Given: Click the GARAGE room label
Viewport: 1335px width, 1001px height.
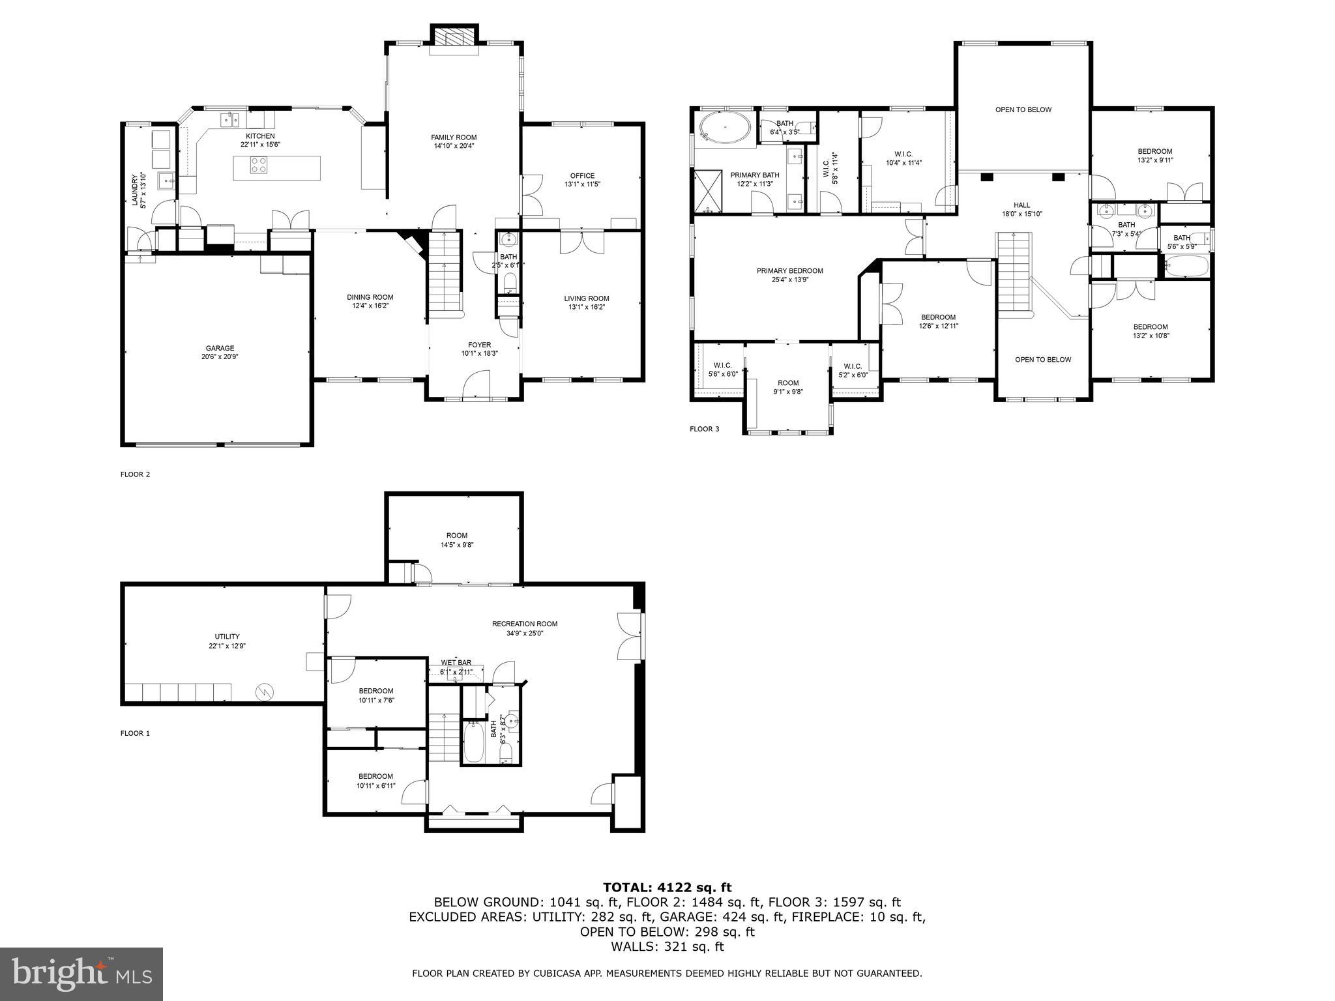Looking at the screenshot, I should tap(220, 348).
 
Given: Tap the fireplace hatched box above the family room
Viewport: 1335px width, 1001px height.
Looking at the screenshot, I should tap(454, 37).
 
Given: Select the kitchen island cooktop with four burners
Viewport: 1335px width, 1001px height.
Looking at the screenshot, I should tap(258, 166).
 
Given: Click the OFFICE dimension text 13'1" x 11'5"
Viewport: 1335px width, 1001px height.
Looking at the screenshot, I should tap(582, 184).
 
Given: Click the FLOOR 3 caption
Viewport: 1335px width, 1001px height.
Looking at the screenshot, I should tap(704, 429).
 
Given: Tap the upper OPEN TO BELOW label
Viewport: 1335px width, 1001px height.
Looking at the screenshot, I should tap(1023, 109).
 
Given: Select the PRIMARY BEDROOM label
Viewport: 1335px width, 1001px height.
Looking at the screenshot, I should tap(789, 270).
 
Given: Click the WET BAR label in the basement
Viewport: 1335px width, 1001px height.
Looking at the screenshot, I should tap(456, 662).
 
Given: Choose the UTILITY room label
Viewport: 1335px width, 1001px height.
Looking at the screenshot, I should tap(227, 636).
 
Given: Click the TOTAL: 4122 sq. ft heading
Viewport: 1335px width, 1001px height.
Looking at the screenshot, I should tap(667, 887).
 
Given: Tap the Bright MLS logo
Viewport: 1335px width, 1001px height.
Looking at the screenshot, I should tap(81, 974).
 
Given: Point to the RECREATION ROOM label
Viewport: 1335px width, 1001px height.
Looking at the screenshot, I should tap(524, 624).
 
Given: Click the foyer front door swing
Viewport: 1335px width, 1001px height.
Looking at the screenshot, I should tap(478, 384).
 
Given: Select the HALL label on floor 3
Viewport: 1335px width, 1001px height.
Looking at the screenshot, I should tap(1021, 205).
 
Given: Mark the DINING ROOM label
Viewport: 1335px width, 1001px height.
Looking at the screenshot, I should tap(370, 297).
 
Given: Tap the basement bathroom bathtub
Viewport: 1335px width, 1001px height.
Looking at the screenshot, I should tap(474, 742).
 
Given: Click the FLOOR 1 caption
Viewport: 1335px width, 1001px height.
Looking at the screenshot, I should tap(135, 733).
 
